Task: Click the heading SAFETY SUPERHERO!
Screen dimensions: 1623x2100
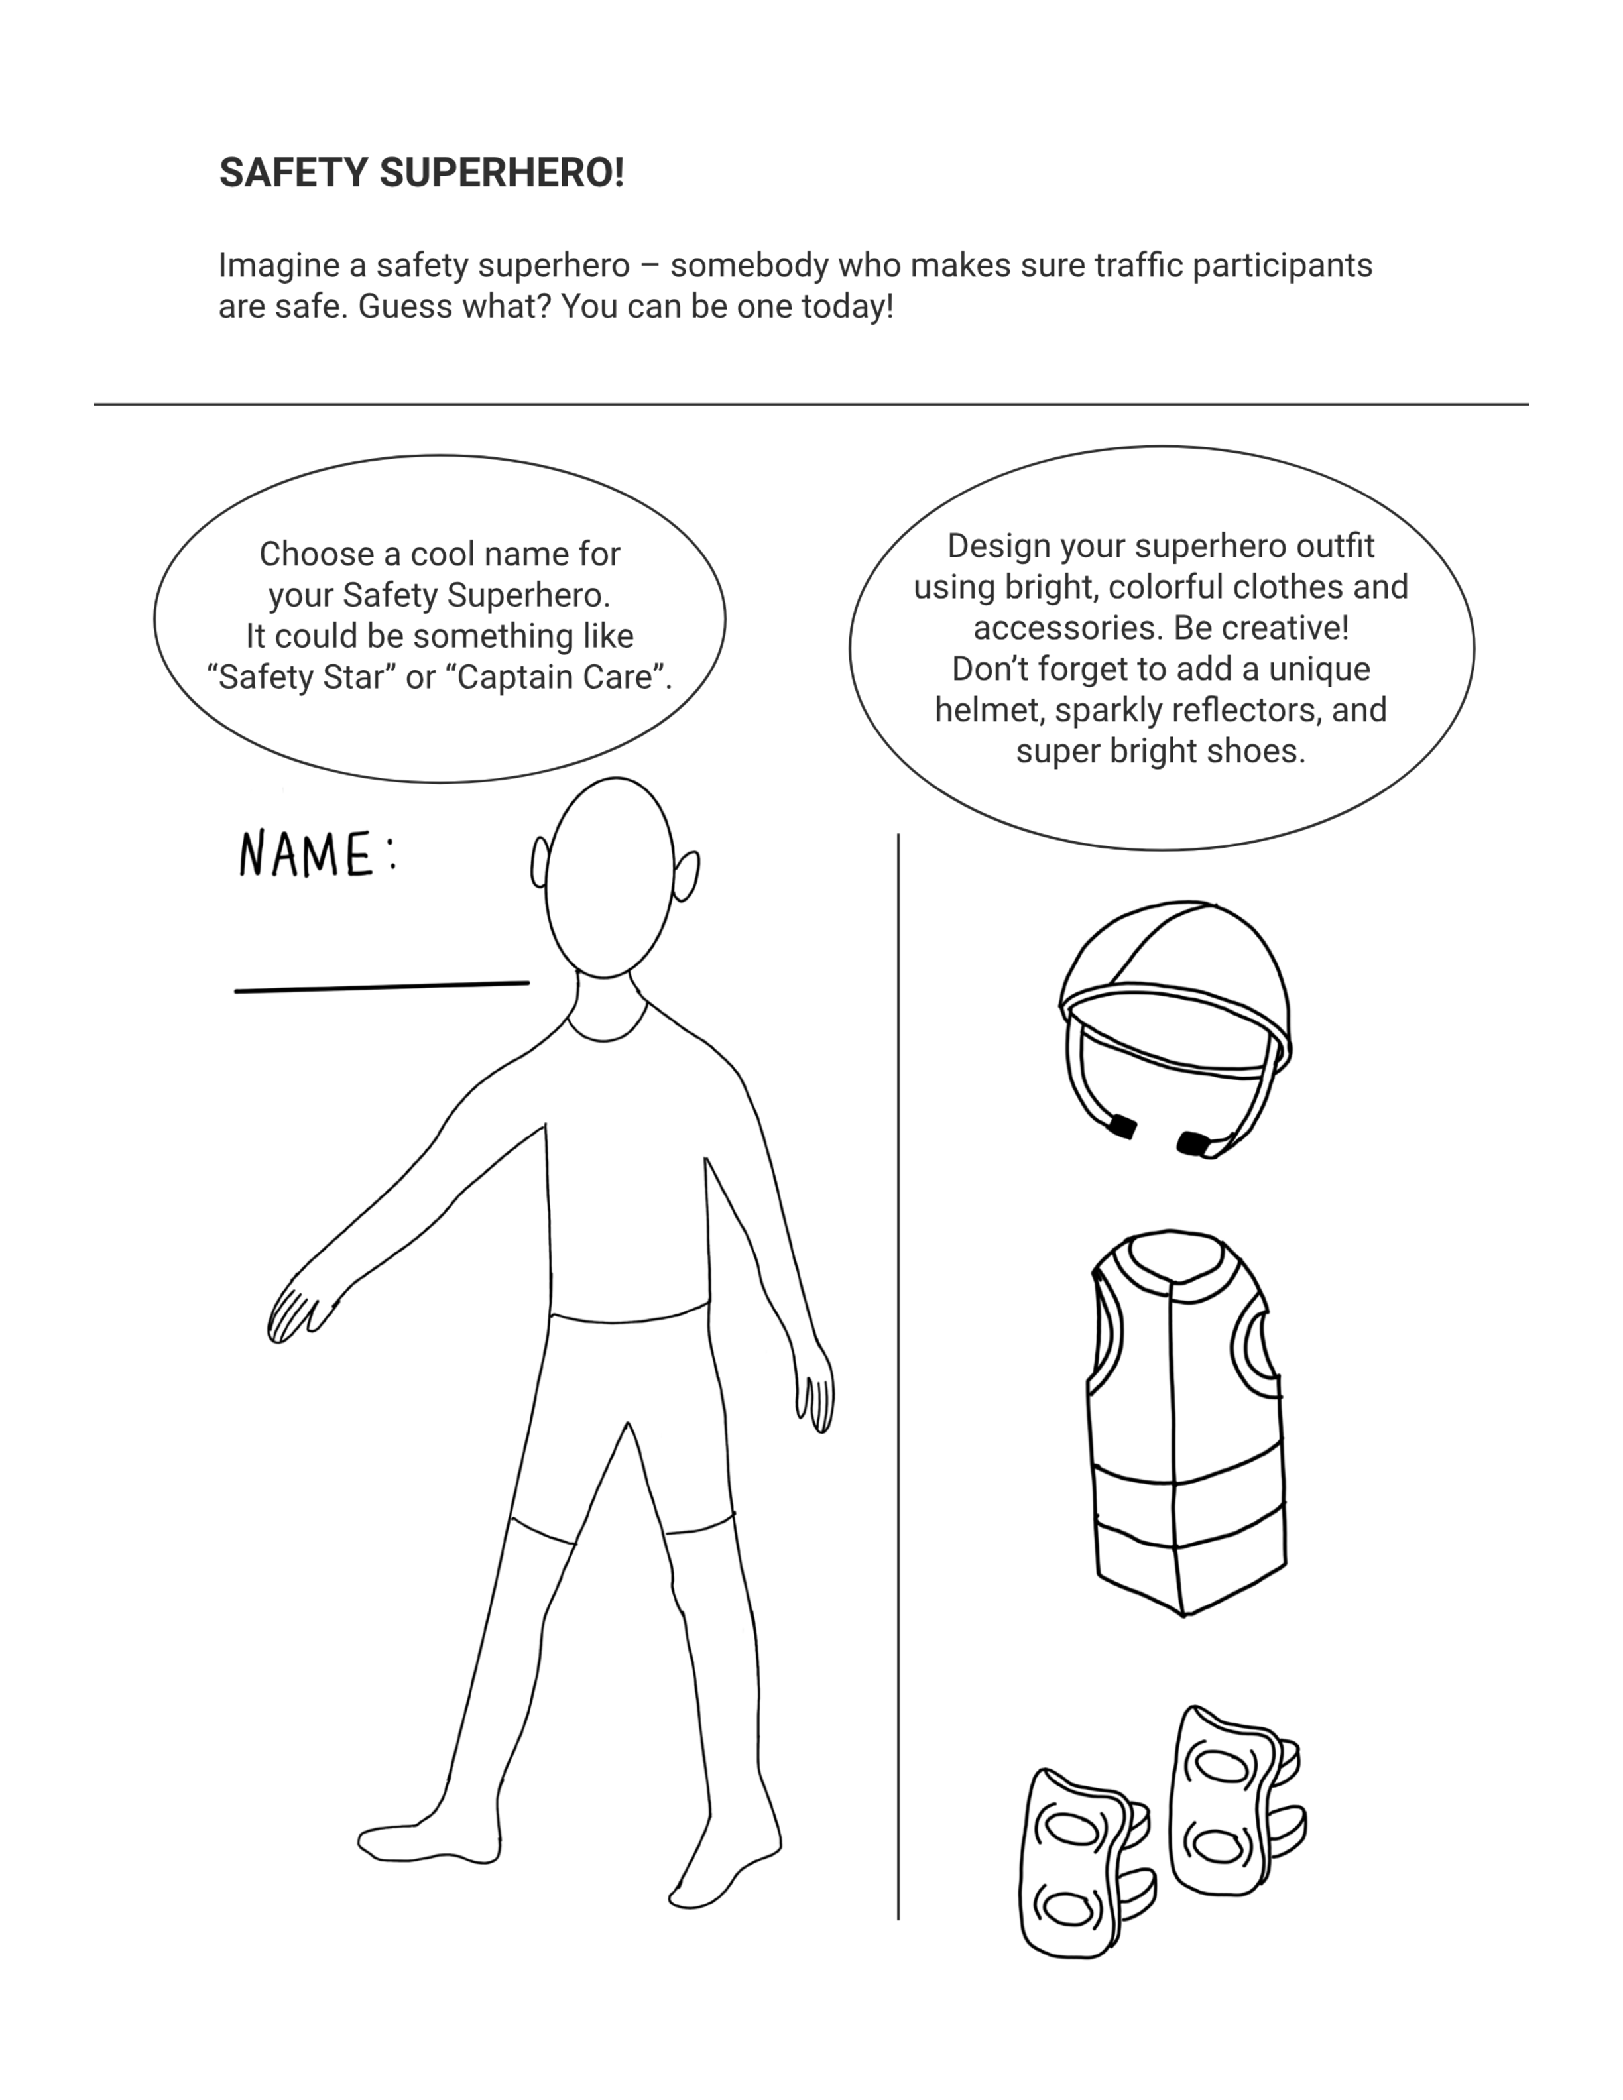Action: [x=421, y=173]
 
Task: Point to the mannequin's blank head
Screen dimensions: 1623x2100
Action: [x=609, y=877]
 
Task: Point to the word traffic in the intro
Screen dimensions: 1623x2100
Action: [x=1138, y=264]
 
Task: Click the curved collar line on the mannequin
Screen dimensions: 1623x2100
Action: [x=606, y=1039]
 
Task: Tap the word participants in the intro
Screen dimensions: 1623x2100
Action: [x=1283, y=265]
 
